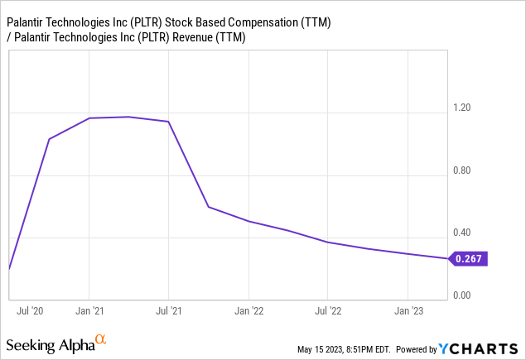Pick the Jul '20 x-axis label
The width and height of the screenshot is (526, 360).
(30, 311)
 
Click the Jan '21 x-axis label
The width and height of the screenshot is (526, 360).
(89, 311)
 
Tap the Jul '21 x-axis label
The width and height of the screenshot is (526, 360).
(169, 311)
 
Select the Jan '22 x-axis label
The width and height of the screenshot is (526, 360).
(249, 311)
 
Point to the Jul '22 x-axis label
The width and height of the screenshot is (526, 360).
(328, 311)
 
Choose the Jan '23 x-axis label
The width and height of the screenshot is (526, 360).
(408, 311)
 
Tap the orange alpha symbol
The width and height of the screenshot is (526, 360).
(101, 339)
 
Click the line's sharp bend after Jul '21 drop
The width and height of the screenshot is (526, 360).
(209, 207)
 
